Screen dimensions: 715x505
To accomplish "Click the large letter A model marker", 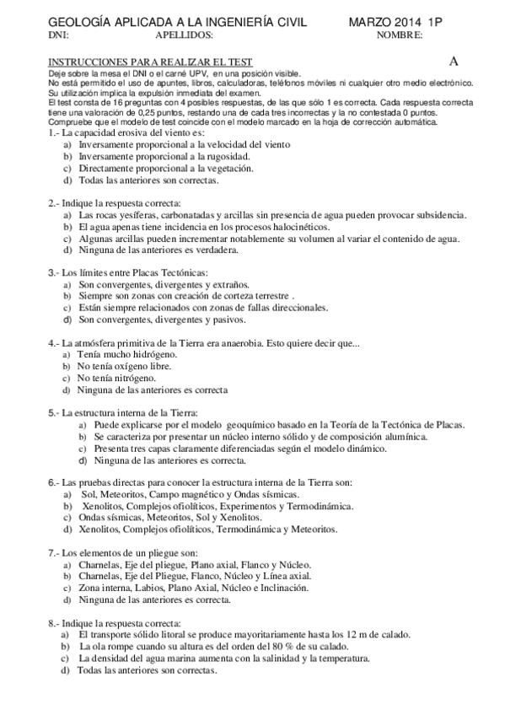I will tap(454, 61).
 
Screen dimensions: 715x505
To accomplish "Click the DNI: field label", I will tap(59, 35).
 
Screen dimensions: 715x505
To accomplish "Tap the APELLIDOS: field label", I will tap(185, 35).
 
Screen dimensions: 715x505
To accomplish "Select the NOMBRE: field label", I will tap(400, 35).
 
